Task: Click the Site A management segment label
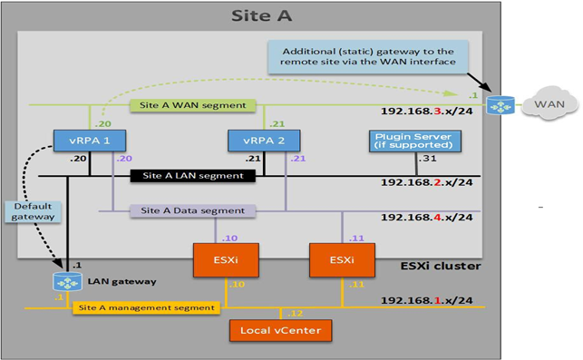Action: tap(145, 308)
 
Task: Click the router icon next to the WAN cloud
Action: tap(498, 105)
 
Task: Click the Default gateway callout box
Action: tap(34, 211)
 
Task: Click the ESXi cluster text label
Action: tap(440, 266)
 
